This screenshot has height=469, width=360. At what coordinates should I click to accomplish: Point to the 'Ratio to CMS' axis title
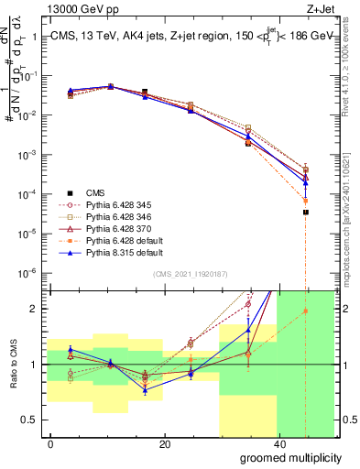[x=12, y=364]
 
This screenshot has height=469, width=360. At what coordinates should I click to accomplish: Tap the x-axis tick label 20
[x=164, y=444]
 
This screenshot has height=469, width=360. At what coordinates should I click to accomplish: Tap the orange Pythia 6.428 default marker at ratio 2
[x=306, y=311]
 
